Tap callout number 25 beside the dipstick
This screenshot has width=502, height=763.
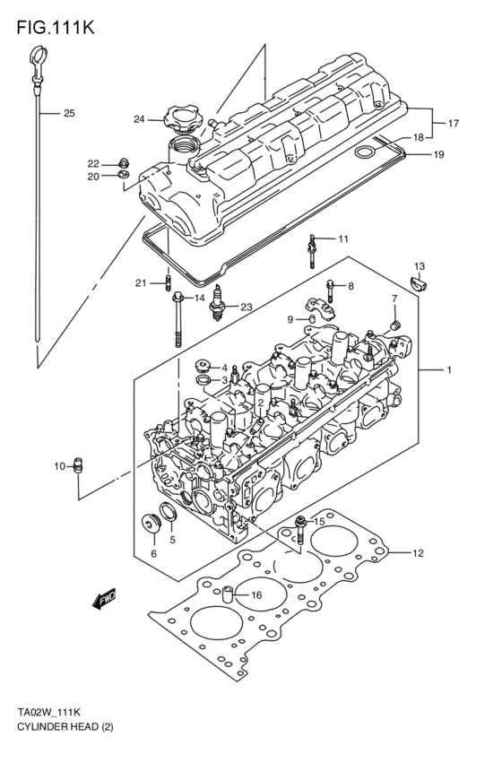pyautogui.click(x=69, y=114)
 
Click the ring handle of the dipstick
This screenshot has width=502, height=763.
pyautogui.click(x=33, y=65)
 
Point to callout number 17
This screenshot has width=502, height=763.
pyautogui.click(x=454, y=123)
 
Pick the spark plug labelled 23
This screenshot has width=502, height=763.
pyautogui.click(x=216, y=310)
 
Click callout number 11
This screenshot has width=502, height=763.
pyautogui.click(x=343, y=238)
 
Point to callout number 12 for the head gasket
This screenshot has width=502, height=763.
pyautogui.click(x=418, y=553)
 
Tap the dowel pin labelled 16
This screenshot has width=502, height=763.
pyautogui.click(x=230, y=593)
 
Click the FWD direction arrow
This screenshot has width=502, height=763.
pyautogui.click(x=104, y=599)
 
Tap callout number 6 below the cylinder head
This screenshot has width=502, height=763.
pyautogui.click(x=153, y=553)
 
